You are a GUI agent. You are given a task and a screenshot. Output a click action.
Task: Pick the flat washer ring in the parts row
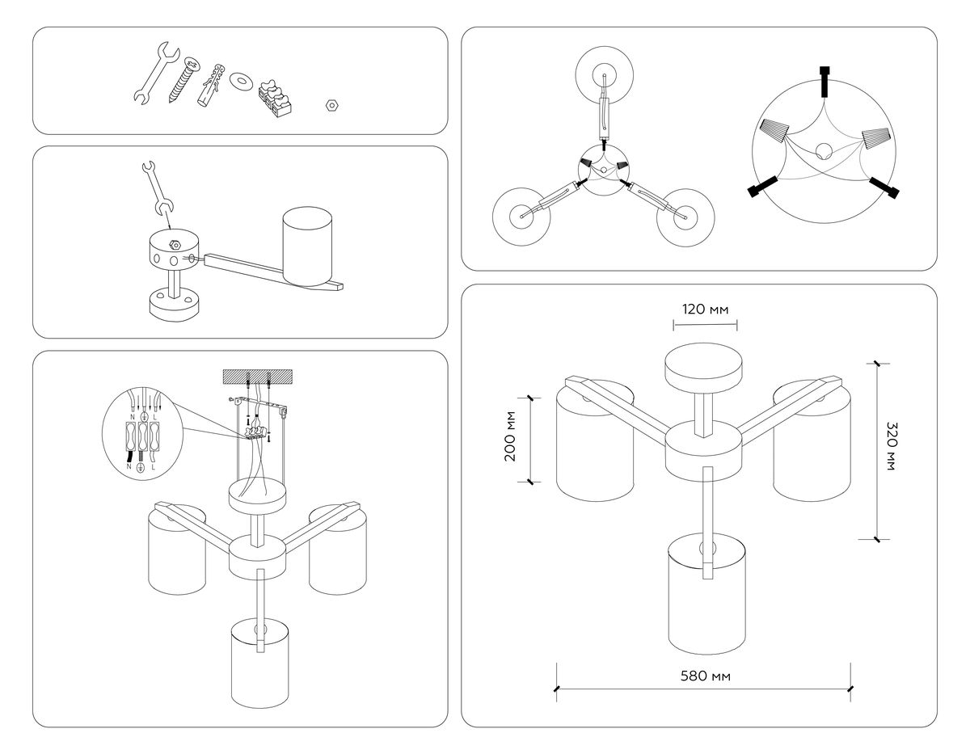pyautogui.click(x=240, y=81)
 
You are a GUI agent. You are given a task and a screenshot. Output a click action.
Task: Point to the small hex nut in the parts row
pyautogui.click(x=330, y=104)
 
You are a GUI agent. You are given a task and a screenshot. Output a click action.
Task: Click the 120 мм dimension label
pyautogui.click(x=705, y=310)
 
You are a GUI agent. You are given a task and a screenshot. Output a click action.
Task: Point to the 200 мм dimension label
pyautogui.click(x=510, y=440)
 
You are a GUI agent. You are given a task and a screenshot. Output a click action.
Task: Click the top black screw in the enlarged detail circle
pyautogui.click(x=824, y=81)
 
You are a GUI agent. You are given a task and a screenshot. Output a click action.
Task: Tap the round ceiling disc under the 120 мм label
pyautogui.click(x=703, y=368)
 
